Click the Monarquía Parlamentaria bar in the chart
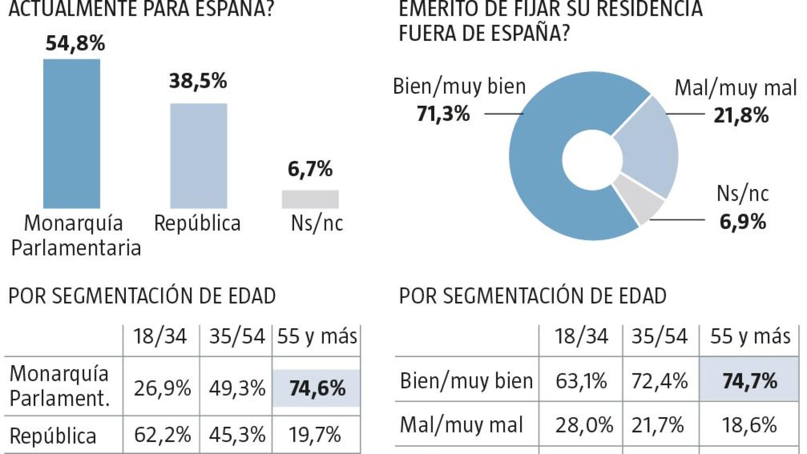72,133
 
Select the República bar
198,156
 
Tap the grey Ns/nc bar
310,199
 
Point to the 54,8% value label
75,43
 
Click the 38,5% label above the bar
198,81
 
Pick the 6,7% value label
310,169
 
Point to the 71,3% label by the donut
443,114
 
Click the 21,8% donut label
741,115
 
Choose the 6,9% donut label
743,222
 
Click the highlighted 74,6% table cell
317,388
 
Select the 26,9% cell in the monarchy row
162,388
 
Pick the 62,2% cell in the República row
162,434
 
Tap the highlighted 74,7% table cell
749,381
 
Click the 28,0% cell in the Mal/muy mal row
583,425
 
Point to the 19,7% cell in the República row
314,434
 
